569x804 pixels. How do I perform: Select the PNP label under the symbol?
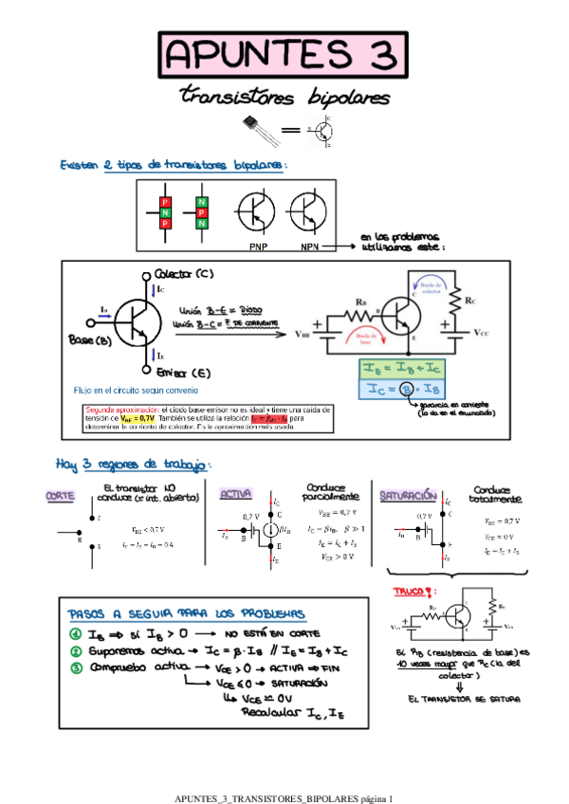[x=258, y=247]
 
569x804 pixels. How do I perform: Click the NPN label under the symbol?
[x=310, y=247]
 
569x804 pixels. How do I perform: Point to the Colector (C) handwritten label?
[x=184, y=273]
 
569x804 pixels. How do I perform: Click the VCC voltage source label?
[x=482, y=334]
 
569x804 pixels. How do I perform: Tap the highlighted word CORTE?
[x=61, y=495]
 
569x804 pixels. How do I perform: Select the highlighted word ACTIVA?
[x=235, y=494]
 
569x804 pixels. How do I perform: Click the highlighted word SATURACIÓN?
[x=408, y=495]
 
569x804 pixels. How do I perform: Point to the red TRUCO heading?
[x=413, y=592]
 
